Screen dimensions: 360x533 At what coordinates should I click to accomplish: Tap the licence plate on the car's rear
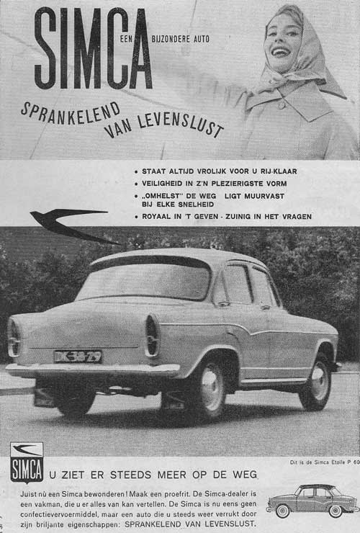point(78,356)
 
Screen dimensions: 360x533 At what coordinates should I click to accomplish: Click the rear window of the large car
point(144,279)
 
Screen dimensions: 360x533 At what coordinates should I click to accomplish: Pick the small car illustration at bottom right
point(312,498)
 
